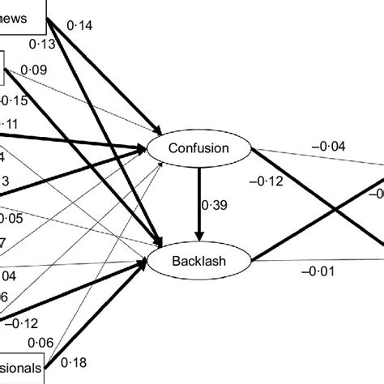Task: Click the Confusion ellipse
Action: coord(198,148)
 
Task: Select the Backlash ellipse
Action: coord(198,261)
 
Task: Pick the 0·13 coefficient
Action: coord(41,44)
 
